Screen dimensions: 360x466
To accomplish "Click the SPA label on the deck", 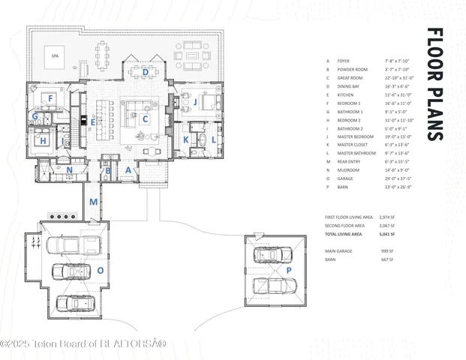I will pyautogui.click(x=54, y=57).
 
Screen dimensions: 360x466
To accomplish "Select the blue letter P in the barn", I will pyautogui.click(x=289, y=270).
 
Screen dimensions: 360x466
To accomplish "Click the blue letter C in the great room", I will pyautogui.click(x=146, y=118).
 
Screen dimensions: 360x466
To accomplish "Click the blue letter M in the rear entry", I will pyautogui.click(x=93, y=202).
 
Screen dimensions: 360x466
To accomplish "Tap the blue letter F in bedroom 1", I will pyautogui.click(x=50, y=98).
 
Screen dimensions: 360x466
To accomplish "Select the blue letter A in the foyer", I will pyautogui.click(x=128, y=171).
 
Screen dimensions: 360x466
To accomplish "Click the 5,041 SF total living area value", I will pyautogui.click(x=388, y=234).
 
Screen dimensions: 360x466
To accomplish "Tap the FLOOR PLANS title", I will pyautogui.click(x=435, y=84).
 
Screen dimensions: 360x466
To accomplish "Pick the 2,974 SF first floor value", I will pyautogui.click(x=388, y=216).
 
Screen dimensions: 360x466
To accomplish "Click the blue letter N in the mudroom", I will pyautogui.click(x=69, y=170).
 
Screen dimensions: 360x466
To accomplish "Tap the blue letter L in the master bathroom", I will pyautogui.click(x=213, y=139).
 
